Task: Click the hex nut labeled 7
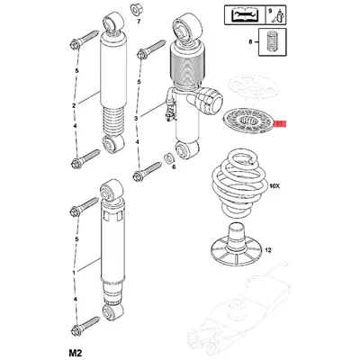[137, 10]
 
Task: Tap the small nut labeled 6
[168, 157]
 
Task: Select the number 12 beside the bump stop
[268, 249]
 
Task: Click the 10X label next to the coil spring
[274, 186]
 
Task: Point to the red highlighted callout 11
[281, 123]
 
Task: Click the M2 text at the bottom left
[76, 352]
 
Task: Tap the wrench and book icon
[245, 15]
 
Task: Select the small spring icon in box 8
[273, 42]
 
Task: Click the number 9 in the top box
[270, 11]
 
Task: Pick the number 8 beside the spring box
[251, 42]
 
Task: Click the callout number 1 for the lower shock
[74, 272]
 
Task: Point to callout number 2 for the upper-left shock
[74, 105]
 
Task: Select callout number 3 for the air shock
[137, 119]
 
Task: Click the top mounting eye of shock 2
[112, 22]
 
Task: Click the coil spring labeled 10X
[239, 185]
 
